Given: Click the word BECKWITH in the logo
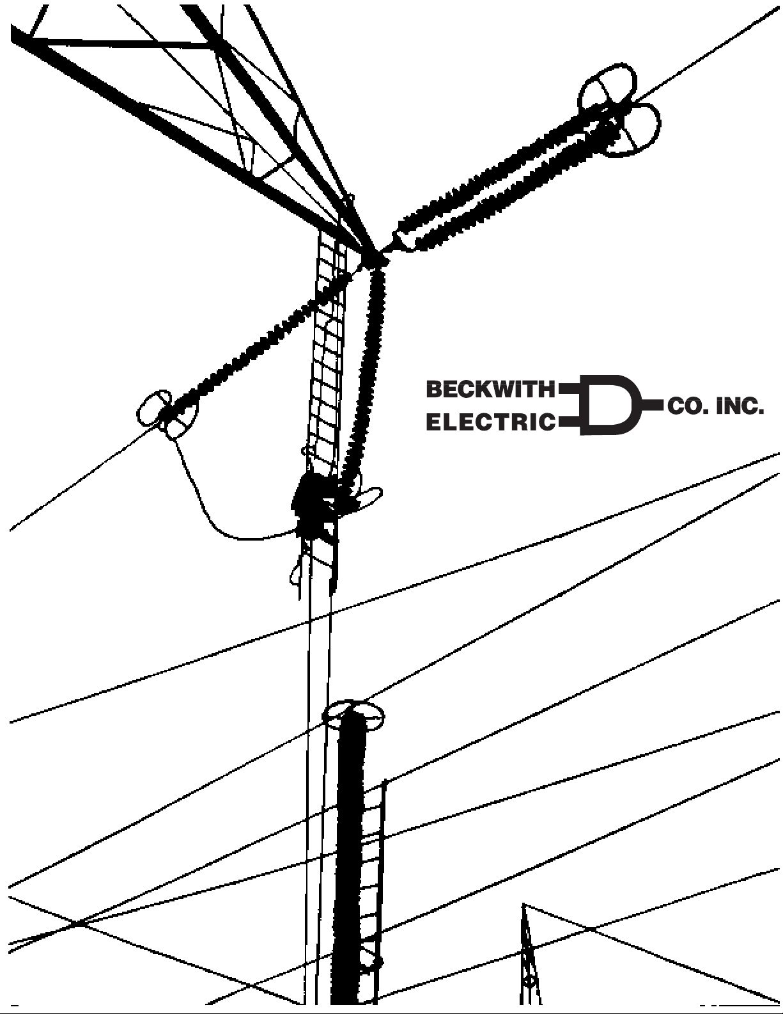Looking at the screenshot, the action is point(491,389).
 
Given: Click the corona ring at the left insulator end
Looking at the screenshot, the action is point(166,414).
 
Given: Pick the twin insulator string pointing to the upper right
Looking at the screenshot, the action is point(508,182).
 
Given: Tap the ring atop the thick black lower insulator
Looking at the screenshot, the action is point(353,717).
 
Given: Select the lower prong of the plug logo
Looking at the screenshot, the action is point(569,422).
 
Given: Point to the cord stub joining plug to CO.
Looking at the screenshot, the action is point(653,406).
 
